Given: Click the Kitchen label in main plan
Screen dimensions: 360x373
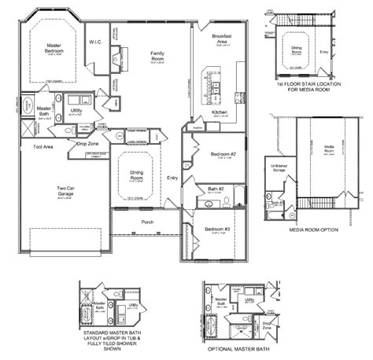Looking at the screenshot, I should coord(220,112).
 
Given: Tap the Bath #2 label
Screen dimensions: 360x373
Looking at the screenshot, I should coord(216,189).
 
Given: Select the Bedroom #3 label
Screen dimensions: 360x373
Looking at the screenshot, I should coord(217,229).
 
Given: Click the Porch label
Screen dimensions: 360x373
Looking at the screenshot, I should coord(146,222).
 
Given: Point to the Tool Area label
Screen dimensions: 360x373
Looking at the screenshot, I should coord(42,146).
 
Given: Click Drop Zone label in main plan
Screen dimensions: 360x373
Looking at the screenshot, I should coord(87,144).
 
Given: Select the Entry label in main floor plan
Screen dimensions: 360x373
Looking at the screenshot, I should coord(172,179).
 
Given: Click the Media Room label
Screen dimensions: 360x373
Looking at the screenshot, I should coord(329,149).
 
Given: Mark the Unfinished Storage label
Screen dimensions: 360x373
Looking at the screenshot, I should coord(279,168).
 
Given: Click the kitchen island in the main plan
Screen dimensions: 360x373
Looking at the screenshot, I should coord(211,79).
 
